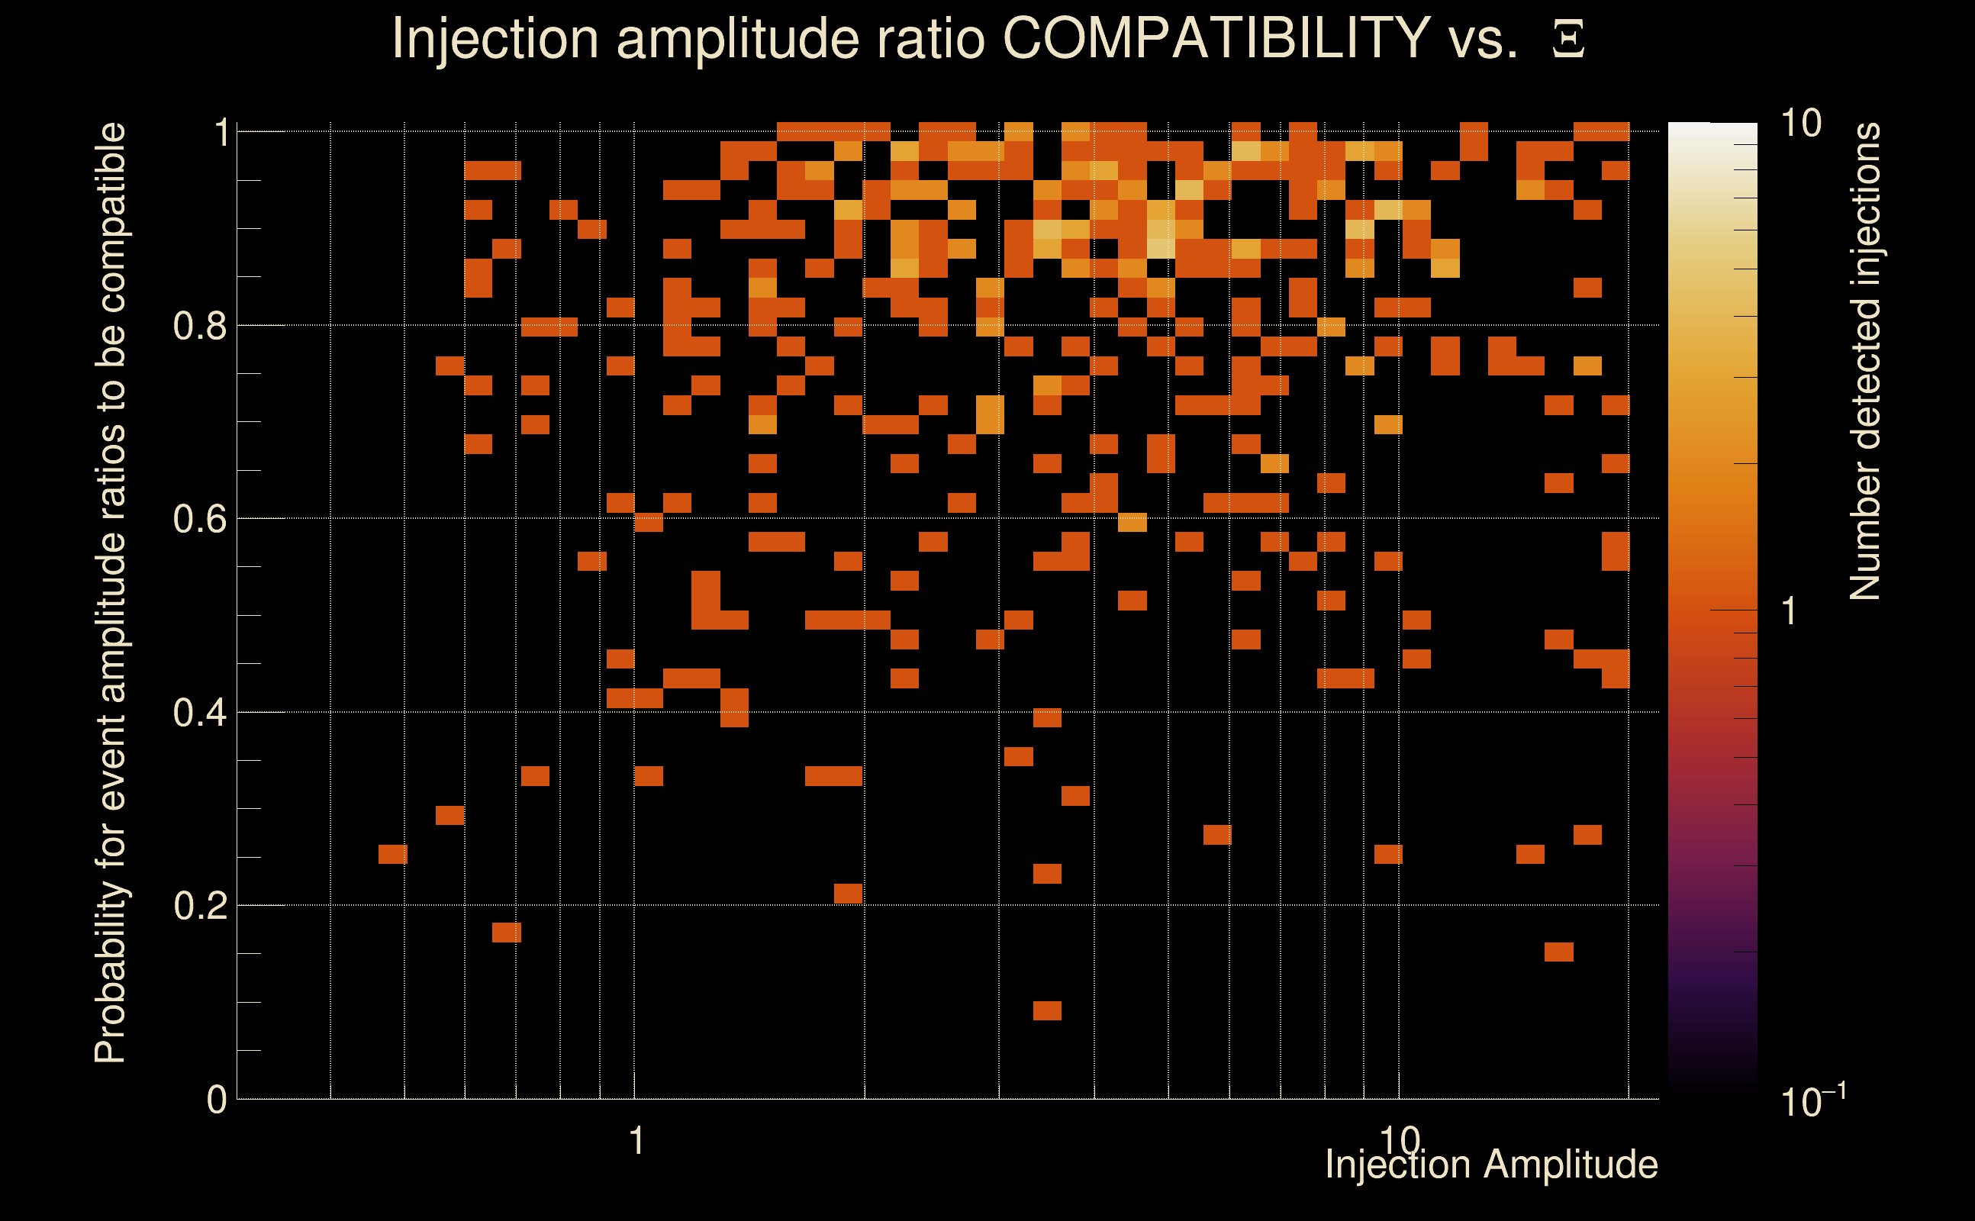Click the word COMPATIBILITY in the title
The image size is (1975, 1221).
coord(1216,38)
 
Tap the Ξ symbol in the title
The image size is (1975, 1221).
coord(1568,40)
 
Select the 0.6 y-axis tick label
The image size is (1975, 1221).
coord(199,518)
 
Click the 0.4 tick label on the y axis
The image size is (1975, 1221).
coord(199,712)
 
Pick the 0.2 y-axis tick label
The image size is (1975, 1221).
coord(199,905)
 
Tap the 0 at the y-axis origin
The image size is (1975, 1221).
coord(217,1099)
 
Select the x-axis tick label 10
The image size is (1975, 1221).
coord(1400,1139)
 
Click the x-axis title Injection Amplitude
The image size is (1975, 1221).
coord(1490,1165)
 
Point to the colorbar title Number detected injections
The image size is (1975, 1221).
coord(1864,362)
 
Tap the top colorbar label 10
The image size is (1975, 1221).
coord(1800,124)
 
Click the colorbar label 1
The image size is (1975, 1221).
coord(1790,611)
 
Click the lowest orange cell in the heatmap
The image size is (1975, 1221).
coord(1047,1011)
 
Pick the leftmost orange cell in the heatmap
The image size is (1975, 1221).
coord(393,855)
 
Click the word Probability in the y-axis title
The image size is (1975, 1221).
coord(110,973)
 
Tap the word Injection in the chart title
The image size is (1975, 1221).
coord(495,38)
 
